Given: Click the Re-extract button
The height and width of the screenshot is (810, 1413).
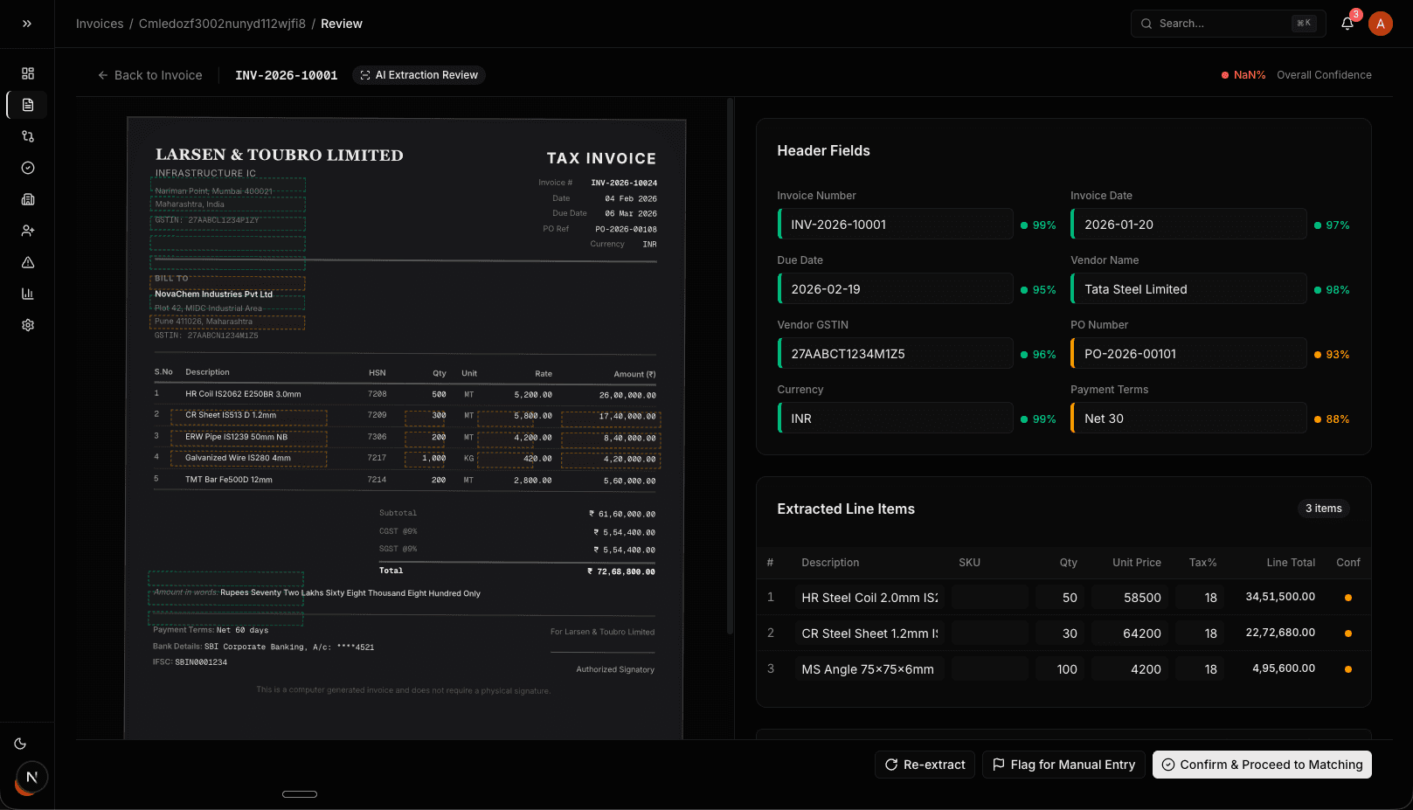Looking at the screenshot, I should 925,765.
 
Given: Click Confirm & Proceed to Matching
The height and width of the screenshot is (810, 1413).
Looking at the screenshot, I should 1261,765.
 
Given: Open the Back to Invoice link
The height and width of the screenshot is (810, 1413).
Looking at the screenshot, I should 150,75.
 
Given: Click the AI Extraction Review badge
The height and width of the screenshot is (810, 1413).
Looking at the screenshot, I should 419,75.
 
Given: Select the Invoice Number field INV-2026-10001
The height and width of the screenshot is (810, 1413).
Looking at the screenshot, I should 895,225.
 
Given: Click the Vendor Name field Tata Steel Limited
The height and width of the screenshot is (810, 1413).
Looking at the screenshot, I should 1188,289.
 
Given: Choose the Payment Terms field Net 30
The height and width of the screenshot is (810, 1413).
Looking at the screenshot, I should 1188,419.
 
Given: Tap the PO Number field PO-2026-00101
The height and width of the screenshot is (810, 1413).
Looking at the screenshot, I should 1188,354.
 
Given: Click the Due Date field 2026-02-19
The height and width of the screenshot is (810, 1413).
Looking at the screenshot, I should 895,289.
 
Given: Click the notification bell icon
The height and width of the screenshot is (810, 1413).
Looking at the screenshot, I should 1347,24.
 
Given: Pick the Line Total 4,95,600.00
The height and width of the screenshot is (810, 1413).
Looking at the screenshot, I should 1283,668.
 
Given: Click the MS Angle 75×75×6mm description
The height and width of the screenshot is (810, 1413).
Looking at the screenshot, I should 868,669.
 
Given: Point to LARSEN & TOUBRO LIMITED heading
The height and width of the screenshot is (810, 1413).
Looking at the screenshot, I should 279,155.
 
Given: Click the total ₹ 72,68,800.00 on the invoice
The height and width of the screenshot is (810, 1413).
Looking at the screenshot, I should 621,571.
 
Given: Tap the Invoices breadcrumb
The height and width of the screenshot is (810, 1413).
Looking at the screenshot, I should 100,24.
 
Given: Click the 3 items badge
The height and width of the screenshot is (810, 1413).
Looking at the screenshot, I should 1323,509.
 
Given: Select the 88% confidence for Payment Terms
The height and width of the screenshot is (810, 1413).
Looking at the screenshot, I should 1337,419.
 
